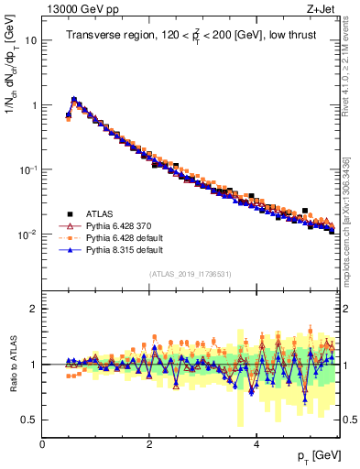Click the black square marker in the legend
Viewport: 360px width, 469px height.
(66, 211)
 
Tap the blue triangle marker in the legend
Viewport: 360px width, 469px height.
(66, 249)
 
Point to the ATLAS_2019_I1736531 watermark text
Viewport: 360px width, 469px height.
(190, 274)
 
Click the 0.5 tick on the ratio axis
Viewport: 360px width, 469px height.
(29, 420)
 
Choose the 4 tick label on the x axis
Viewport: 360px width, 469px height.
(256, 442)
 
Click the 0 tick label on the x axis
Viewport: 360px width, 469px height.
(42, 442)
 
